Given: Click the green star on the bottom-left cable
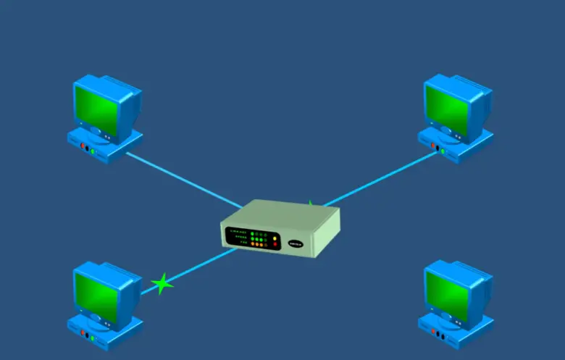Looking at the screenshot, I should point(162,283).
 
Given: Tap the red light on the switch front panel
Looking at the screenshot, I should point(275,244).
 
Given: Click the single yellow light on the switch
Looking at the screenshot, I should point(275,236).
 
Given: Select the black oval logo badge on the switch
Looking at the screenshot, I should point(296,243).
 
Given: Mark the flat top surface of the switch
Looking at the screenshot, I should point(282,214).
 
